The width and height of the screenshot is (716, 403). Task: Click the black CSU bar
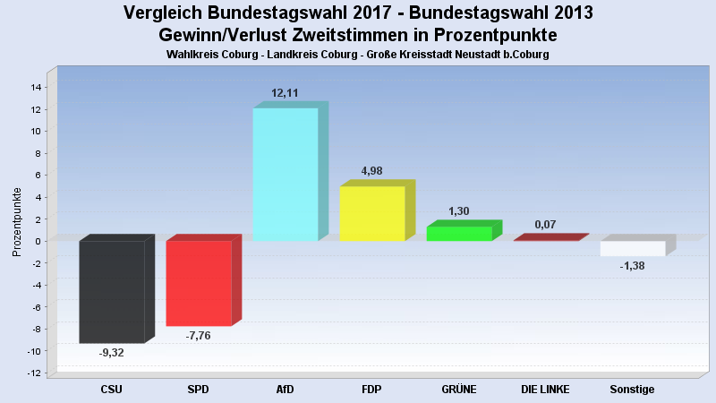coord(112,291)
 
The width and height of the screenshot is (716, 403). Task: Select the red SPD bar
coord(199,283)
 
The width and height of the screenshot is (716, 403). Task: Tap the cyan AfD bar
coord(286,175)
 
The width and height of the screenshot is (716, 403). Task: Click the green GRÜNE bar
coord(459,234)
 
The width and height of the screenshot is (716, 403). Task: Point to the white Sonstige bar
coord(633,248)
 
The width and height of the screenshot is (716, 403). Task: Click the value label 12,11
coord(286,93)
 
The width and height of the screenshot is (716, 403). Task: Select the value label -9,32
coord(112,353)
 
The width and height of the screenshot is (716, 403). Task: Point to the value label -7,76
coord(199,336)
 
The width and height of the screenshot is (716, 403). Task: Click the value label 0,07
coord(546,224)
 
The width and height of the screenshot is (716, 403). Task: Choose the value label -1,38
coord(633,266)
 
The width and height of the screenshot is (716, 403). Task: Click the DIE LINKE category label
coord(546,390)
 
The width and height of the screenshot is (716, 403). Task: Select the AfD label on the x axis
coord(286,390)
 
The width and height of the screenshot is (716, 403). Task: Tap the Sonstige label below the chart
coord(633,390)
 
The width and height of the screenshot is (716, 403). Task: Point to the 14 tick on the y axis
coord(37,87)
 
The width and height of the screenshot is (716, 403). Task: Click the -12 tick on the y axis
coord(35,373)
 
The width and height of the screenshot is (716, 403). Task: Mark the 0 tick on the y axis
coord(39,241)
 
